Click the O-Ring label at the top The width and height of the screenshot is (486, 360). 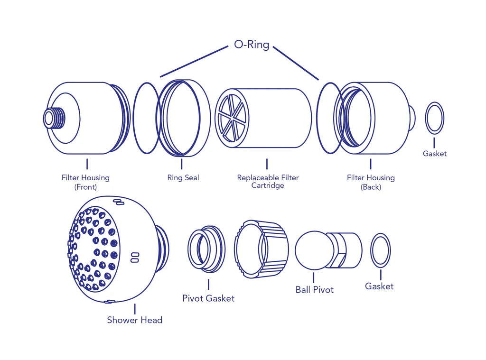pos(252,45)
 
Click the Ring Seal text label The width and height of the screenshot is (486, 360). pos(183,178)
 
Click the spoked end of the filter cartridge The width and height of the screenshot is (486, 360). pos(232,117)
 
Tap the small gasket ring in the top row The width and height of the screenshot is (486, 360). pos(434,118)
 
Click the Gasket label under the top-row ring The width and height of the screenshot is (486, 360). pos(435,154)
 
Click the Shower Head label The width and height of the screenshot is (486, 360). pos(134,320)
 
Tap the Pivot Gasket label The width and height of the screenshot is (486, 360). pos(208,298)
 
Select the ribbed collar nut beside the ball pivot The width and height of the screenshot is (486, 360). pos(261,249)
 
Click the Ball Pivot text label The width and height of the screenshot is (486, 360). pos(314,290)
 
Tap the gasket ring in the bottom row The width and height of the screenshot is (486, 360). pos(381,250)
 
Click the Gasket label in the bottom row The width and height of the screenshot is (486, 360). pos(379,286)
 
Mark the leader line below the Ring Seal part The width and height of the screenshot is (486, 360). pos(181,164)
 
